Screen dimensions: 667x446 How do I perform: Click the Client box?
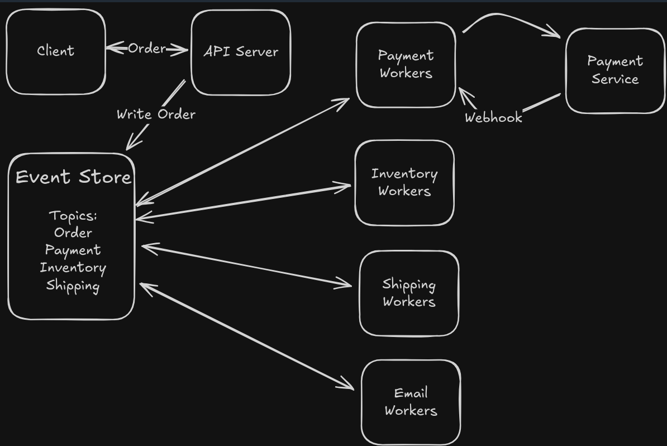click(x=56, y=51)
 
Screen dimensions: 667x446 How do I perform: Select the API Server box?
click(x=241, y=53)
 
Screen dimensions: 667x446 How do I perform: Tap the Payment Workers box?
click(x=406, y=65)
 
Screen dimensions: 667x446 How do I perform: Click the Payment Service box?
click(x=615, y=70)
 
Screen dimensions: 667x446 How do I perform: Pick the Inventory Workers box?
click(x=404, y=183)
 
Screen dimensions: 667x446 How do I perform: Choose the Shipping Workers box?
click(x=409, y=293)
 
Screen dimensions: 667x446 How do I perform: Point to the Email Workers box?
click(x=411, y=402)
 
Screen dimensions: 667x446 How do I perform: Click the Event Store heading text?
click(x=73, y=177)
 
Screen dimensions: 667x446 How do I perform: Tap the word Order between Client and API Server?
click(x=147, y=49)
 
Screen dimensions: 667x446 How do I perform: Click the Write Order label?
click(x=156, y=114)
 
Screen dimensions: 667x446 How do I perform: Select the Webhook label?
click(x=493, y=117)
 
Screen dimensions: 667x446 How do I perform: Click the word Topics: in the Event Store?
click(x=73, y=216)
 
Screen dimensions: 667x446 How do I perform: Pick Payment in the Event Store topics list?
click(x=73, y=250)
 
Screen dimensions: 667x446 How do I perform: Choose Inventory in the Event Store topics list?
click(x=73, y=268)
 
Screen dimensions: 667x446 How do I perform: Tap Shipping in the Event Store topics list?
click(x=73, y=285)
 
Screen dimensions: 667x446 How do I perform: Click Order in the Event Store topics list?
click(x=73, y=233)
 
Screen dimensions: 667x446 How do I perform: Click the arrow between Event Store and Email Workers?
click(x=247, y=336)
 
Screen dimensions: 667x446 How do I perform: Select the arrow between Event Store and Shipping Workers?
click(x=247, y=265)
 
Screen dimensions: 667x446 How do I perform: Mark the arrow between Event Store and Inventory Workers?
click(x=244, y=202)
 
